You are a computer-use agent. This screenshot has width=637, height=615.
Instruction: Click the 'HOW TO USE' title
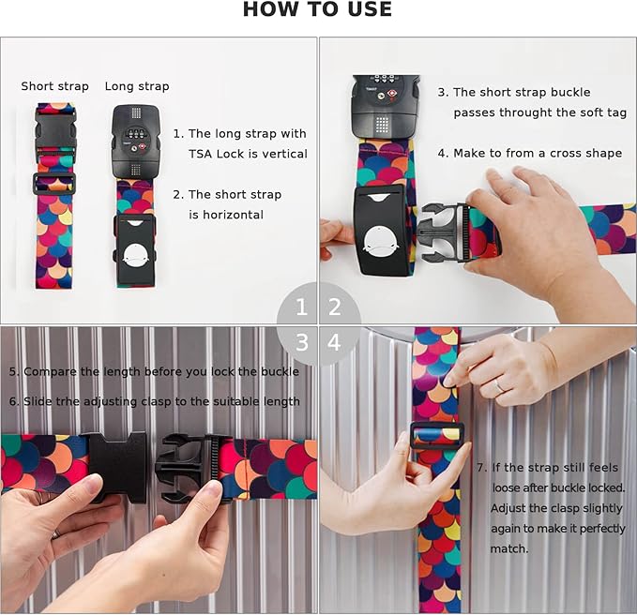tap(317, 9)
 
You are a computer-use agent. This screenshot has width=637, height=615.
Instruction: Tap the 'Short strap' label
tap(54, 86)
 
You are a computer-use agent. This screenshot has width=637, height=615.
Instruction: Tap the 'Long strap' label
tap(137, 86)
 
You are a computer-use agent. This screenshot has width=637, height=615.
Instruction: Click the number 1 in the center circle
tap(301, 307)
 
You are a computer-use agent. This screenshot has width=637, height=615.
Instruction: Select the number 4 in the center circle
tap(334, 342)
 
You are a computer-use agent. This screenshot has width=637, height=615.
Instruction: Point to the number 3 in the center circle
tap(302, 342)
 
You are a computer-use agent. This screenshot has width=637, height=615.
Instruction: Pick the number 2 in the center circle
tap(334, 307)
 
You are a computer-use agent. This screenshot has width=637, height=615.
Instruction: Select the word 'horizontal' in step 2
tap(226, 215)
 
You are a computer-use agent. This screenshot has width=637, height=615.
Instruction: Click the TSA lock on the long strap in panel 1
tap(136, 141)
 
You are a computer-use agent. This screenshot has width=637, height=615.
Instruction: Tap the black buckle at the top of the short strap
tap(55, 132)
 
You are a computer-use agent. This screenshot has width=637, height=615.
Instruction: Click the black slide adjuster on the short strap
tap(53, 183)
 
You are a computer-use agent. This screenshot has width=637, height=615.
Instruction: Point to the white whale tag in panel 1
tap(135, 255)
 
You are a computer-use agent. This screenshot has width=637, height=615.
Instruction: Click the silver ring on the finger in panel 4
tap(498, 385)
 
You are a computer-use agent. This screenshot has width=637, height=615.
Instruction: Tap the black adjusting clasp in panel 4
tap(437, 435)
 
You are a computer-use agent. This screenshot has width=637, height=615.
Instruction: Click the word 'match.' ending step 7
tap(509, 548)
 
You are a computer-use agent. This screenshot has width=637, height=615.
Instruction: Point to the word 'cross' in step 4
tap(571, 154)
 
